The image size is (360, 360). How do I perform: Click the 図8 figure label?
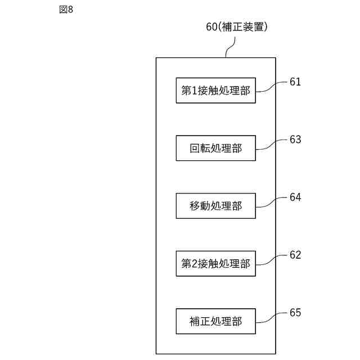(x=66, y=10)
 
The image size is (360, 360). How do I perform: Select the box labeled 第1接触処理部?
(x=216, y=90)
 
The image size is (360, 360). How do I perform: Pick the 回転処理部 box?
(x=216, y=148)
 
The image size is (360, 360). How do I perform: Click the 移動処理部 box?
(x=216, y=206)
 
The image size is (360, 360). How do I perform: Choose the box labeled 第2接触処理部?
(x=216, y=263)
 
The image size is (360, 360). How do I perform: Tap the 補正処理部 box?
(x=216, y=321)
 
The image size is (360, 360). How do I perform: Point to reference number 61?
(x=295, y=82)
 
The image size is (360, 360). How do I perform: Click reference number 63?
(x=295, y=139)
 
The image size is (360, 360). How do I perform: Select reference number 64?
(x=295, y=197)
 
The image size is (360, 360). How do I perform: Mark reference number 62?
(x=295, y=255)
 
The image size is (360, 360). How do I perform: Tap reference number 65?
(x=295, y=313)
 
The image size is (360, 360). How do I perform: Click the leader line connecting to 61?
(x=272, y=86)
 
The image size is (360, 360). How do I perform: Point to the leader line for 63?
(x=272, y=144)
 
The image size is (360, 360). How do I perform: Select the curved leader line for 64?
(x=272, y=202)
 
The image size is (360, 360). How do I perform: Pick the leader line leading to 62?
(x=272, y=259)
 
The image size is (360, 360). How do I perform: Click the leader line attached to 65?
(x=272, y=317)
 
